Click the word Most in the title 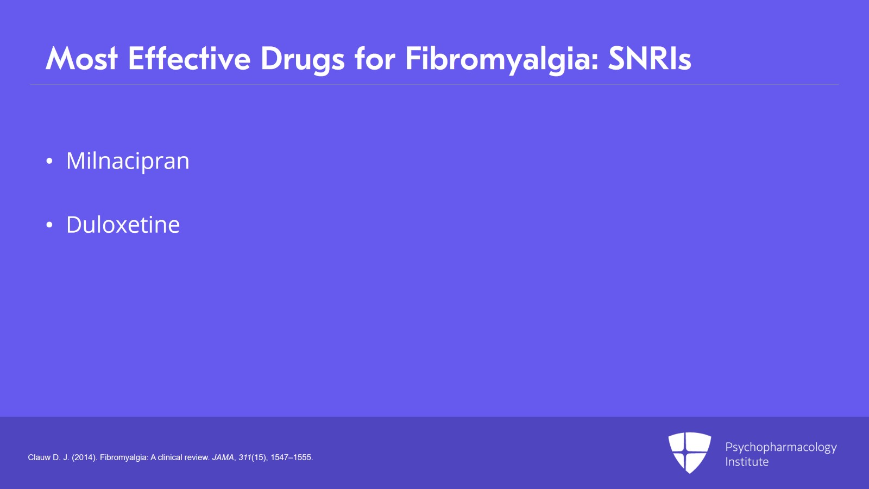(x=81, y=59)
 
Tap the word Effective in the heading (x=190, y=58)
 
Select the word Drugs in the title (x=303, y=60)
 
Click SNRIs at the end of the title (x=650, y=59)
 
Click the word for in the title (x=375, y=58)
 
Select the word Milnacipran (x=128, y=161)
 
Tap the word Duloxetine (x=123, y=225)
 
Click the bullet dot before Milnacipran (x=49, y=161)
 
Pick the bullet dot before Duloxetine (x=49, y=225)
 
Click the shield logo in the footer (x=690, y=453)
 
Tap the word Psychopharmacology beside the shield (x=781, y=448)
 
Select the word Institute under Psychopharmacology (x=747, y=462)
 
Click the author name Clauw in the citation (x=39, y=457)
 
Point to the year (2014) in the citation (x=84, y=457)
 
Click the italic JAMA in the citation (x=223, y=457)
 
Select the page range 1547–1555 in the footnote (x=291, y=457)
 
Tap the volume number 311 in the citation (x=245, y=457)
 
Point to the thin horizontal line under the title (x=434, y=84)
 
